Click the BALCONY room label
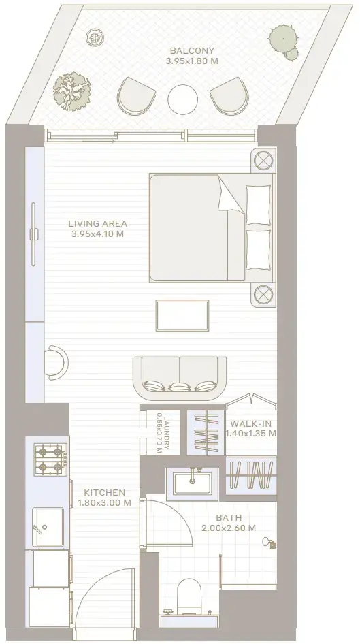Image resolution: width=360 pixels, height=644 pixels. point(192,51)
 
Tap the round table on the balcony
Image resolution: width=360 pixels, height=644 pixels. point(182,99)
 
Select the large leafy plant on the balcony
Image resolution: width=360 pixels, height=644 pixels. point(72,91)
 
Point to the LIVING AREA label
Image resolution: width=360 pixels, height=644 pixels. point(98,224)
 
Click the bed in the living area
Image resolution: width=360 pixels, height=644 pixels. point(212,228)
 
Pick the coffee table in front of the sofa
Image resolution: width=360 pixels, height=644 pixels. point(182,315)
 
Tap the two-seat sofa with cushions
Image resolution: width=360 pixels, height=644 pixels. point(180,378)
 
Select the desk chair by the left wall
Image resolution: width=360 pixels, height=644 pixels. point(57,362)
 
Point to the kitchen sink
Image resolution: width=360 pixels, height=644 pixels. point(48,527)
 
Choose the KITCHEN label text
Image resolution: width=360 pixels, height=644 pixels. point(104,492)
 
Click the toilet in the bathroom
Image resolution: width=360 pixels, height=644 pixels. point(189,596)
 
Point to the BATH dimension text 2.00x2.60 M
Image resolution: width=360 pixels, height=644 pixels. point(229,528)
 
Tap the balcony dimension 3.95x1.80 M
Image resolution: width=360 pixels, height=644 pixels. point(192,61)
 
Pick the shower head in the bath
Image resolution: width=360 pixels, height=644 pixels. point(269,542)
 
